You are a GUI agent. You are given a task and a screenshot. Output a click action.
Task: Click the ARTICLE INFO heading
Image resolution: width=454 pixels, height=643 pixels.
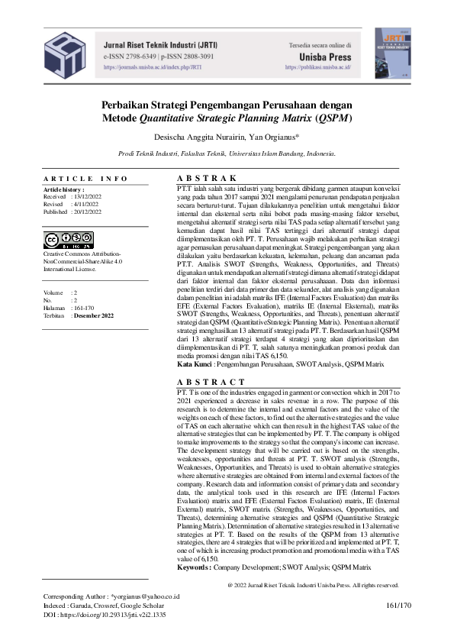pyautogui.click(x=86, y=179)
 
